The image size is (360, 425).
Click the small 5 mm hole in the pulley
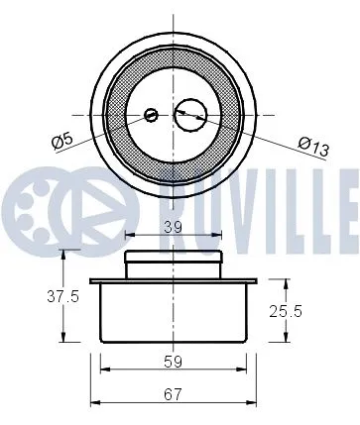pyautogui.click(x=151, y=115)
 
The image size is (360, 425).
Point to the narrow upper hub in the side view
pyautogui.click(x=174, y=266)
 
